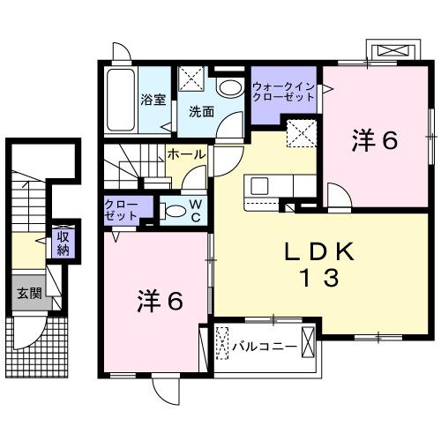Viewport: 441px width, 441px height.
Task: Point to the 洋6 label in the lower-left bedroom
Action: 160,301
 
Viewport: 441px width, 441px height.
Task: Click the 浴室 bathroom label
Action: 153,100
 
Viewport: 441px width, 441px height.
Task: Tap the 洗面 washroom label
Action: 201,111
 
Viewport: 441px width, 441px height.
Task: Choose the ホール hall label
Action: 186,153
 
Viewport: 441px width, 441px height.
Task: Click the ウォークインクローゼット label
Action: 282,92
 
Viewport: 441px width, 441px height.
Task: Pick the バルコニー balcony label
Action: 264,346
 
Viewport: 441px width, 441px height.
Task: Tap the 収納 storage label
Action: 63,242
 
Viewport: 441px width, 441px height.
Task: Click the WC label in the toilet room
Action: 196,211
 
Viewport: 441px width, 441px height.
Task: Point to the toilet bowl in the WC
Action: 175,210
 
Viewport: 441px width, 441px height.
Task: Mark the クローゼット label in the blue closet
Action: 121,210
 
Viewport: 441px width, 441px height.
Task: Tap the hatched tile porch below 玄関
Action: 37,345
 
